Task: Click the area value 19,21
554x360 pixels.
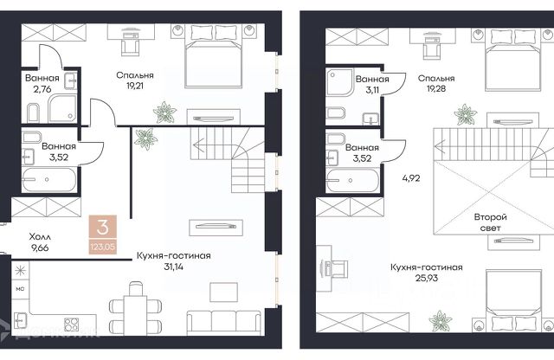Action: point(135,86)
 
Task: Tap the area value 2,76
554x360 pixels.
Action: point(42,89)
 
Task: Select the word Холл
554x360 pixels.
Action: point(40,236)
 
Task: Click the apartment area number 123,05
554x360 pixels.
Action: point(102,247)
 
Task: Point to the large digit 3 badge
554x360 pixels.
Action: point(102,228)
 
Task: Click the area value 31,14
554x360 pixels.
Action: point(173,267)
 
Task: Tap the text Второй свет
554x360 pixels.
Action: point(491,222)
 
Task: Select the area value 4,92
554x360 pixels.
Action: point(411,178)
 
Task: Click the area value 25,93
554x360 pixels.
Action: point(427,278)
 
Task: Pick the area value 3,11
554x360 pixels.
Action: point(372,90)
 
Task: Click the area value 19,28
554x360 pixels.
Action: point(436,88)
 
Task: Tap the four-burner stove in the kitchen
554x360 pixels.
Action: point(71,325)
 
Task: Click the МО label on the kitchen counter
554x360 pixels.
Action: point(20,289)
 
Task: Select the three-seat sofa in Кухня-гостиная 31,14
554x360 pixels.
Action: point(224,323)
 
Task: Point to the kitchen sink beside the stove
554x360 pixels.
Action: point(20,320)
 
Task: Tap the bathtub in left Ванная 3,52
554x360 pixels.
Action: point(48,179)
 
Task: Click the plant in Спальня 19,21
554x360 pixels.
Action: point(164,112)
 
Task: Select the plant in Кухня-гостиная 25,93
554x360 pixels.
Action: point(441,321)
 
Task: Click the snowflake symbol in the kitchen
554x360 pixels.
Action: point(20,271)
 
